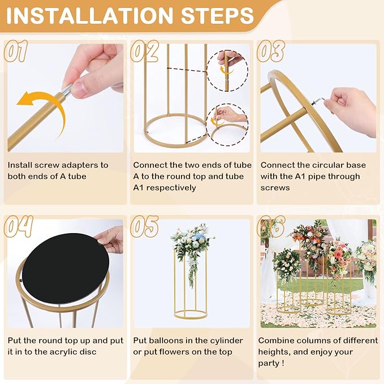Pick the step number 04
[x=19, y=226]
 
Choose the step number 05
[x=145, y=226]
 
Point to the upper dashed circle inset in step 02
[x=226, y=71]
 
